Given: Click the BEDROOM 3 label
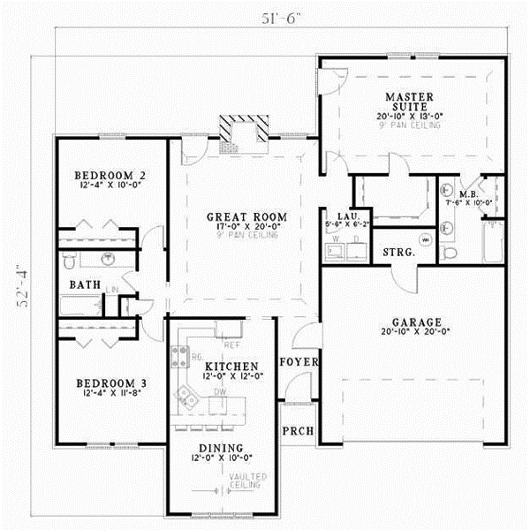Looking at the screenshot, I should coord(109,383).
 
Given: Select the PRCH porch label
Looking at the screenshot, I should coord(293,433).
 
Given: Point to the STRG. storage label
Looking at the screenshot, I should coord(398,254).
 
